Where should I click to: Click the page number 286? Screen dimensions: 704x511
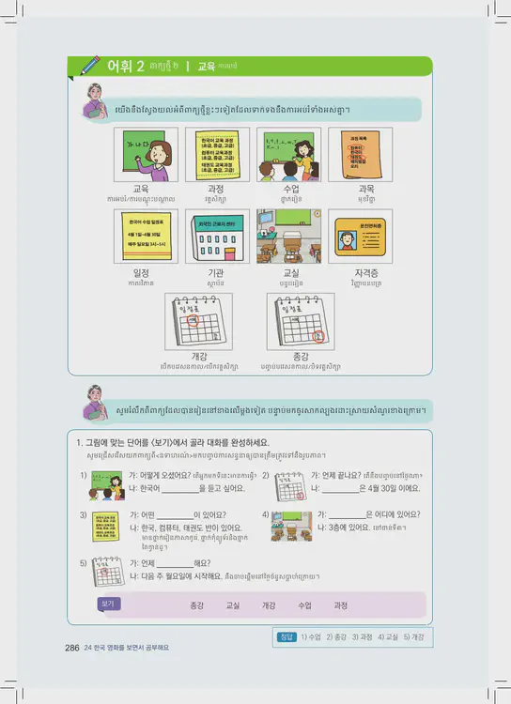tap(71, 648)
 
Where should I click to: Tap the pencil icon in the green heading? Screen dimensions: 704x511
tap(91, 66)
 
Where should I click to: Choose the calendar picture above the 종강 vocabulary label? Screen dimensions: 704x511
tap(301, 321)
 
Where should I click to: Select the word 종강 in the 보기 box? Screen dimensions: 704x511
tap(196, 605)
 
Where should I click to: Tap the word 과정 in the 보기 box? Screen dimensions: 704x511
tap(340, 605)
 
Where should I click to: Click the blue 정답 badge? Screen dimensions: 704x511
tap(286, 636)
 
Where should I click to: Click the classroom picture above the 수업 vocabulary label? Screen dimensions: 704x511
tap(288, 154)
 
